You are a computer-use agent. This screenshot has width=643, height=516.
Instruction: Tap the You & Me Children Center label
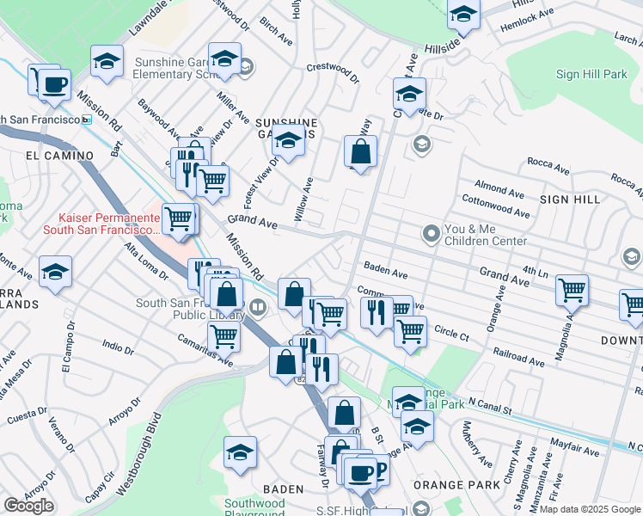pos(485,235)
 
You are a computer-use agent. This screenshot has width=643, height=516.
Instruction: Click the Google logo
pos(28,506)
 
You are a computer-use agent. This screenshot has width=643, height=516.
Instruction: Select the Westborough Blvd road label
pos(138,456)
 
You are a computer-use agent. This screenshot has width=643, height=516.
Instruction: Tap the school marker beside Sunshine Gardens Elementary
pos(224,60)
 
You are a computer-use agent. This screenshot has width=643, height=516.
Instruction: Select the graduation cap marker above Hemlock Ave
pos(463,15)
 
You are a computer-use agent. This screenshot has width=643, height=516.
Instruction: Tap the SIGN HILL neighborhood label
pos(570,199)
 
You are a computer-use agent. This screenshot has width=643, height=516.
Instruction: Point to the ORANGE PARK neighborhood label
pos(444,485)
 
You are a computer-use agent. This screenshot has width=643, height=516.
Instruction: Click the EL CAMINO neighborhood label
pos(59,156)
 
